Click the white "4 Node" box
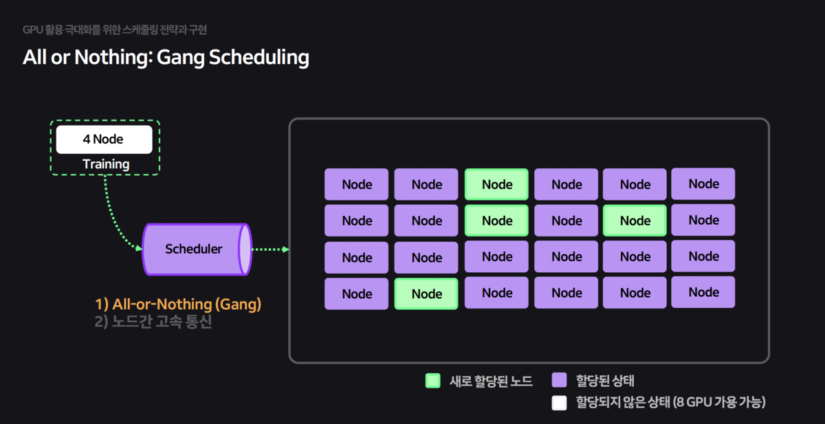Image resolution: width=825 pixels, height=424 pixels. [x=104, y=140]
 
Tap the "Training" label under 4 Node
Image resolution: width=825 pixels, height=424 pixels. [x=106, y=164]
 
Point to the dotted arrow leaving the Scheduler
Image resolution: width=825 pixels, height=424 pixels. [x=269, y=249]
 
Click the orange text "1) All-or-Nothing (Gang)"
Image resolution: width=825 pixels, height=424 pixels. [x=178, y=304]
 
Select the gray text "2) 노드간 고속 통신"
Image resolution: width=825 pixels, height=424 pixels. [x=153, y=322]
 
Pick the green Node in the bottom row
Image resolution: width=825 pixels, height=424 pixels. [x=426, y=294]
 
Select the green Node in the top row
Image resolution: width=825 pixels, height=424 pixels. [x=496, y=184]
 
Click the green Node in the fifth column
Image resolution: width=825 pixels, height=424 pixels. [x=635, y=221]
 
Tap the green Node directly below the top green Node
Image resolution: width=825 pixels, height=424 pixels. [x=496, y=221]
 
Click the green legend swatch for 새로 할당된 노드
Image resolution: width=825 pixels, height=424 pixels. [x=432, y=381]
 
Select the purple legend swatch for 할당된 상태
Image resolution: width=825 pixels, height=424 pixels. [x=559, y=381]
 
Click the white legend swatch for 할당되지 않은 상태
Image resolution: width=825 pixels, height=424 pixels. [x=559, y=403]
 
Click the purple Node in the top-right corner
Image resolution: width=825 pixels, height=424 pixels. [x=703, y=183]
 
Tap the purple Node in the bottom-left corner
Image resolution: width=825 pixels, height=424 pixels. [x=357, y=294]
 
